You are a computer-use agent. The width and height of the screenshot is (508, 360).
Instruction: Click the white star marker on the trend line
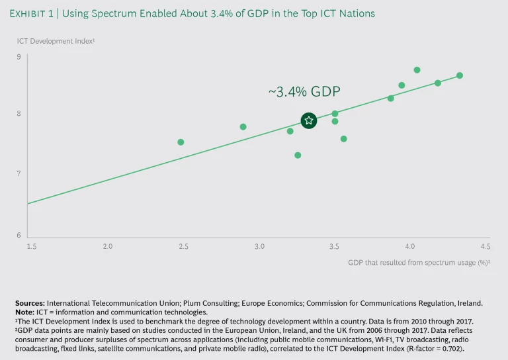coord(308,120)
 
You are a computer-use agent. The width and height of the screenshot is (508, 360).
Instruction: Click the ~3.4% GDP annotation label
coord(304,92)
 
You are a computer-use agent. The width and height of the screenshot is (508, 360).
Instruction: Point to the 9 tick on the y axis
coord(19,57)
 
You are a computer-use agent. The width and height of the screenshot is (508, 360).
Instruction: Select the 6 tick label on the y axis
coord(19,236)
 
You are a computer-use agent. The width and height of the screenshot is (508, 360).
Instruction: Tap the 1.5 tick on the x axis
coord(32,246)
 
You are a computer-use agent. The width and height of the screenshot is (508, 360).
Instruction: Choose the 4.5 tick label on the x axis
coord(485,246)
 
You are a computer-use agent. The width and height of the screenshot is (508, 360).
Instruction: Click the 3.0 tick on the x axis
coord(259,246)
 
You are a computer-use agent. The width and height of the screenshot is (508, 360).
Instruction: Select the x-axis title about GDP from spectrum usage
coord(418,262)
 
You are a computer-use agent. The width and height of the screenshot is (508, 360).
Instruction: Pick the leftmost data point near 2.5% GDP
coord(181,142)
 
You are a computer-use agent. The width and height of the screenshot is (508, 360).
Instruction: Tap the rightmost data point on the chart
coord(460,75)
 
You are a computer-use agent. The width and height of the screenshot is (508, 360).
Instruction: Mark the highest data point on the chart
coord(417,70)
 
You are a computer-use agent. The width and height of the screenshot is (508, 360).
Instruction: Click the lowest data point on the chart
coord(298,156)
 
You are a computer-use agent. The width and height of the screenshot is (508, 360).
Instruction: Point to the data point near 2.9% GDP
coord(243,127)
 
